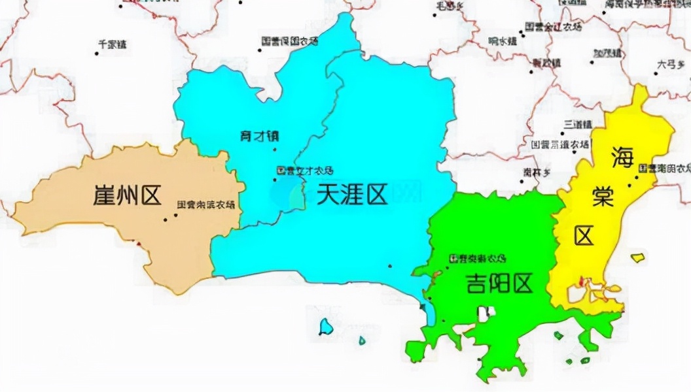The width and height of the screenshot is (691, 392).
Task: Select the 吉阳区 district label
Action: point(499,283)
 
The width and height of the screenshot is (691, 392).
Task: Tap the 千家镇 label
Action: point(112,44)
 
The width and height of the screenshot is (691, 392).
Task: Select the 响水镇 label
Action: point(503,41)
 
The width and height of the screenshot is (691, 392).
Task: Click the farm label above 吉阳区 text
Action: point(477,259)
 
